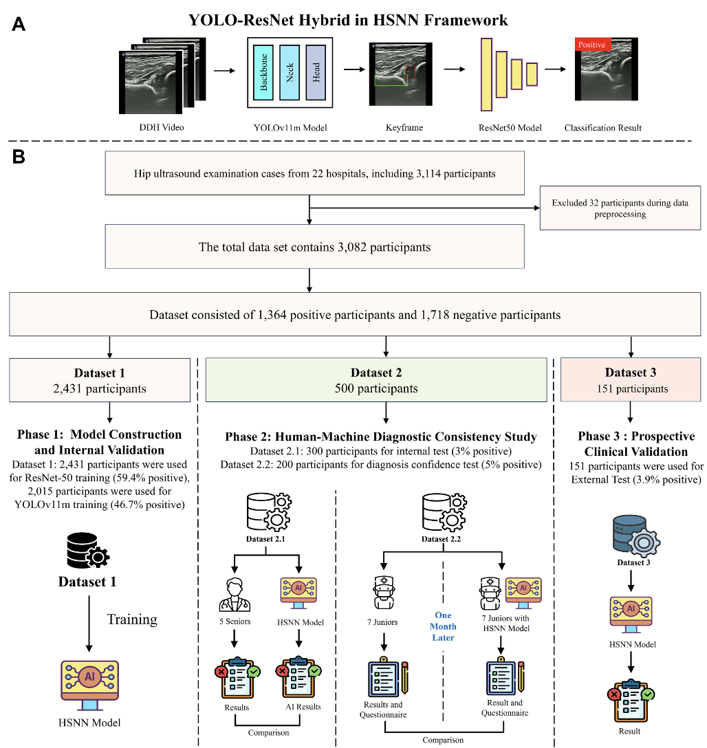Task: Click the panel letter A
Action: (x=19, y=25)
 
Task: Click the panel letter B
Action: (x=19, y=157)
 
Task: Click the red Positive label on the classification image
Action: (x=591, y=45)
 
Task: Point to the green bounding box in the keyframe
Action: (x=391, y=80)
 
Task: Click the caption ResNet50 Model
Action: (x=510, y=128)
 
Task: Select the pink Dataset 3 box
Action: (x=631, y=380)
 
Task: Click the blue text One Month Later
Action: (x=442, y=626)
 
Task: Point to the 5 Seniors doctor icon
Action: (x=235, y=593)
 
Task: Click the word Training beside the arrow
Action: (x=132, y=619)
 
